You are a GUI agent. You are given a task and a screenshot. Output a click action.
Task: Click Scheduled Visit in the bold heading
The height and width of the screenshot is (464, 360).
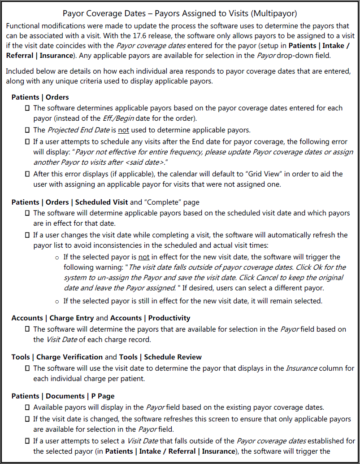pyautogui.click(x=101, y=202)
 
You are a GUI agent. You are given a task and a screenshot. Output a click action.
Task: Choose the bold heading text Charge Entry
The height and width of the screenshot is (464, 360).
pyautogui.click(x=72, y=318)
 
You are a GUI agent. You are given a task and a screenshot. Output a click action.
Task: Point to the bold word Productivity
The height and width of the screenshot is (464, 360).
pyautogui.click(x=169, y=318)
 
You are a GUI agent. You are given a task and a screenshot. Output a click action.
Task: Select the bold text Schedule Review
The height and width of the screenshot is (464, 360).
pyautogui.click(x=173, y=357)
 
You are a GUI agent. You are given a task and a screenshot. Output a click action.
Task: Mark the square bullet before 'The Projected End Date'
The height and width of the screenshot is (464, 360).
pyautogui.click(x=28, y=130)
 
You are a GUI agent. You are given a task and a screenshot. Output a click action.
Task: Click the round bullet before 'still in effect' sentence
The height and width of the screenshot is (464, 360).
pyautogui.click(x=56, y=301)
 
